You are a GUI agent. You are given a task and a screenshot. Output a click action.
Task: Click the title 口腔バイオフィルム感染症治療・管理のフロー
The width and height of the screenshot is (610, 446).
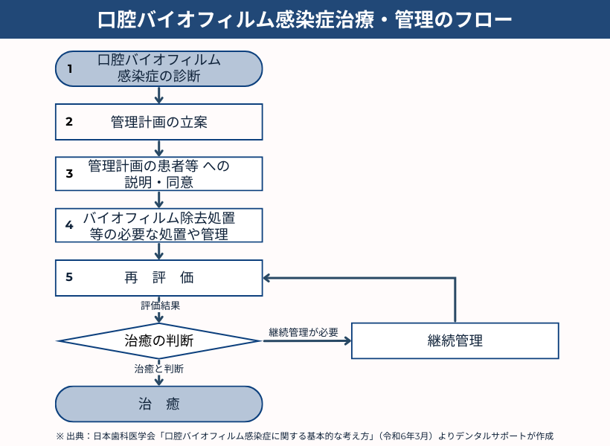(305, 19)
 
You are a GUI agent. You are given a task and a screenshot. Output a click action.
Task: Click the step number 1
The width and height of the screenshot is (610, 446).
(70, 69)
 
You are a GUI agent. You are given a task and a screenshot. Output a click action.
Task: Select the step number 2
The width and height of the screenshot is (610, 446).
(69, 122)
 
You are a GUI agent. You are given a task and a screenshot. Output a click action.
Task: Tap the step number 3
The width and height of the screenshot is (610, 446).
(69, 174)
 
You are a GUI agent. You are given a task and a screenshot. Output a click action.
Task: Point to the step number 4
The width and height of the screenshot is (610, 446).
(69, 225)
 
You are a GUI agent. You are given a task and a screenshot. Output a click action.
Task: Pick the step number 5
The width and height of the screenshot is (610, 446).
(69, 277)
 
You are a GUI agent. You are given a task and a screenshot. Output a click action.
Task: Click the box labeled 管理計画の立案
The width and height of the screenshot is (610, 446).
(159, 122)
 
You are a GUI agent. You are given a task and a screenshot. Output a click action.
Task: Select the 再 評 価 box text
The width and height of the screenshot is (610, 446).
(159, 277)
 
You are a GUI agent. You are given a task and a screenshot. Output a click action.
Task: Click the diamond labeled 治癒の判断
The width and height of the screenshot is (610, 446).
(159, 341)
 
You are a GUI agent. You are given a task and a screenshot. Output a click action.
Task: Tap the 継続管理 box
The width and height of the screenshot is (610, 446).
(455, 340)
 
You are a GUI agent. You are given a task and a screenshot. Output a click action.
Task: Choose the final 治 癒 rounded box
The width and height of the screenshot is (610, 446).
(159, 404)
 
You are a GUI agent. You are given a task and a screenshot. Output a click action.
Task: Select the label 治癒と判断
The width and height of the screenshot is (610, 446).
(159, 369)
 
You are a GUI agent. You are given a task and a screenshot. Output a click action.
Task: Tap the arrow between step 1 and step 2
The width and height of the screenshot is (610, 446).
(159, 96)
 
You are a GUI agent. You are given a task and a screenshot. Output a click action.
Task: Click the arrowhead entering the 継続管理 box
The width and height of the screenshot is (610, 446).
(346, 341)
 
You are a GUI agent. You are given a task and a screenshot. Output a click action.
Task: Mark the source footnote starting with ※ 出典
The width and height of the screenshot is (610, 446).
(304, 436)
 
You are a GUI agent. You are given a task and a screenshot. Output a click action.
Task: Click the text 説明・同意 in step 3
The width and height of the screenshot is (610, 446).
(159, 181)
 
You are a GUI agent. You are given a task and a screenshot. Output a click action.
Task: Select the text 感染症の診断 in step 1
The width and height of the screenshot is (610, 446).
(159, 76)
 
